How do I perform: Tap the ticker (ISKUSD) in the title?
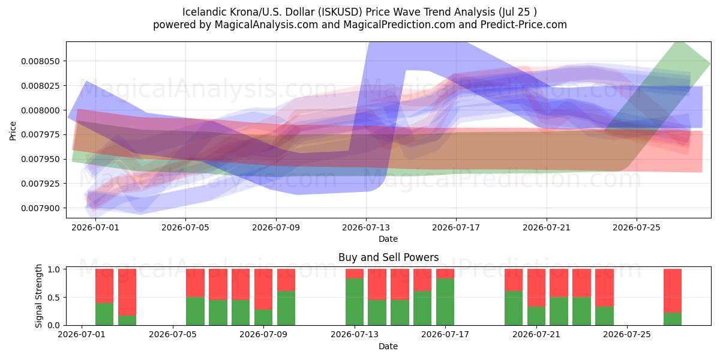pyautogui.click(x=340, y=12)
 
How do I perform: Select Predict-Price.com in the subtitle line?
pyautogui.click(x=524, y=25)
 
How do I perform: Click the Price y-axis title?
pyautogui.click(x=13, y=131)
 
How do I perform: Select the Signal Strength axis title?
pyautogui.click(x=38, y=296)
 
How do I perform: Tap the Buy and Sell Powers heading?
pyautogui.click(x=388, y=257)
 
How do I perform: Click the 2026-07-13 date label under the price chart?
pyautogui.click(x=366, y=227)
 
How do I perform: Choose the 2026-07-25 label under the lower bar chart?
pyautogui.click(x=627, y=335)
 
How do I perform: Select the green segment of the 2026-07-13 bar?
pyautogui.click(x=355, y=302)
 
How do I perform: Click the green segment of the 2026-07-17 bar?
pyautogui.click(x=445, y=302)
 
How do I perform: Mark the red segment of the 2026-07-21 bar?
pyautogui.click(x=536, y=287)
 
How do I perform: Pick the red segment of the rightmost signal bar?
pyautogui.click(x=673, y=290)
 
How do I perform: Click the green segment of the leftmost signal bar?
pyautogui.click(x=104, y=314)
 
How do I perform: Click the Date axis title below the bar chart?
pyautogui.click(x=388, y=346)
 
